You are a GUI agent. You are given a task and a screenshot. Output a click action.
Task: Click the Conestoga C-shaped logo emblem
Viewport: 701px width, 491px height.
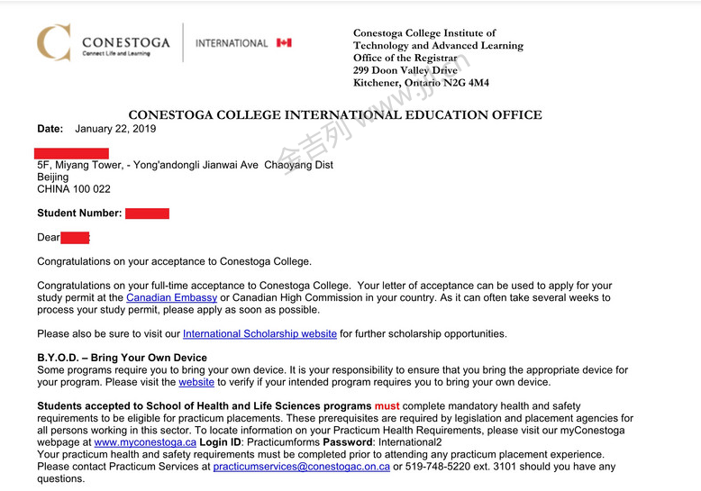pos(53,42)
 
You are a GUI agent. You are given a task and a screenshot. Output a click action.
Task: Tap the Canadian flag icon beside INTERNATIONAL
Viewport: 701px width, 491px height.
pos(284,42)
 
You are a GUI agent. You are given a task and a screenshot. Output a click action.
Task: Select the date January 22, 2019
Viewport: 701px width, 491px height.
pos(115,129)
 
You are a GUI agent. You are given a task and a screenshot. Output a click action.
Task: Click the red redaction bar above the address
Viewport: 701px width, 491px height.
pos(71,153)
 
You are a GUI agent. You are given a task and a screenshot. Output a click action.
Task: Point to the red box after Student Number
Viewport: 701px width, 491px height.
pos(147,214)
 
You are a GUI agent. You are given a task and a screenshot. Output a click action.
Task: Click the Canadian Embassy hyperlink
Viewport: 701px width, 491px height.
pos(171,297)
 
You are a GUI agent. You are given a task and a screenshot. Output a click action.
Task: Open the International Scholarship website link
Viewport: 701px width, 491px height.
pos(259,333)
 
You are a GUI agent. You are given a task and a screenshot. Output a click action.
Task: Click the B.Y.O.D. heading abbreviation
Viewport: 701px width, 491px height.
pos(59,358)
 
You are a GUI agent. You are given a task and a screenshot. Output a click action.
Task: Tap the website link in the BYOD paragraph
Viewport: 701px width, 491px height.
pos(196,382)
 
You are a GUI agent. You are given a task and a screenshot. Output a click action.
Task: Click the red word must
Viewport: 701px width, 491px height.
pos(387,406)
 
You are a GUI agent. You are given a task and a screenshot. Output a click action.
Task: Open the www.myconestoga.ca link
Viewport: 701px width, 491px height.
pos(145,442)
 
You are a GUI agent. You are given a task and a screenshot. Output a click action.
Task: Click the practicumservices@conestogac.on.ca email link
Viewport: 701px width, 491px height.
pos(301,467)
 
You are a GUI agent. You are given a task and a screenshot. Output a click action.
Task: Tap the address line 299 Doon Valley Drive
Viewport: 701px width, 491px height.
pos(405,70)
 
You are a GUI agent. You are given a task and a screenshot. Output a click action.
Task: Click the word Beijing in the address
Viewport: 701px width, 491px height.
pos(52,177)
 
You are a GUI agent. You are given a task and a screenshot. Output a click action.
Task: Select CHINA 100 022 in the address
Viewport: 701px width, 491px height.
pos(74,189)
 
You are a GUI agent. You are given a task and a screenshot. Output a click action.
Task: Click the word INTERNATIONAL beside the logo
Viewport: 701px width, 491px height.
pos(232,43)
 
